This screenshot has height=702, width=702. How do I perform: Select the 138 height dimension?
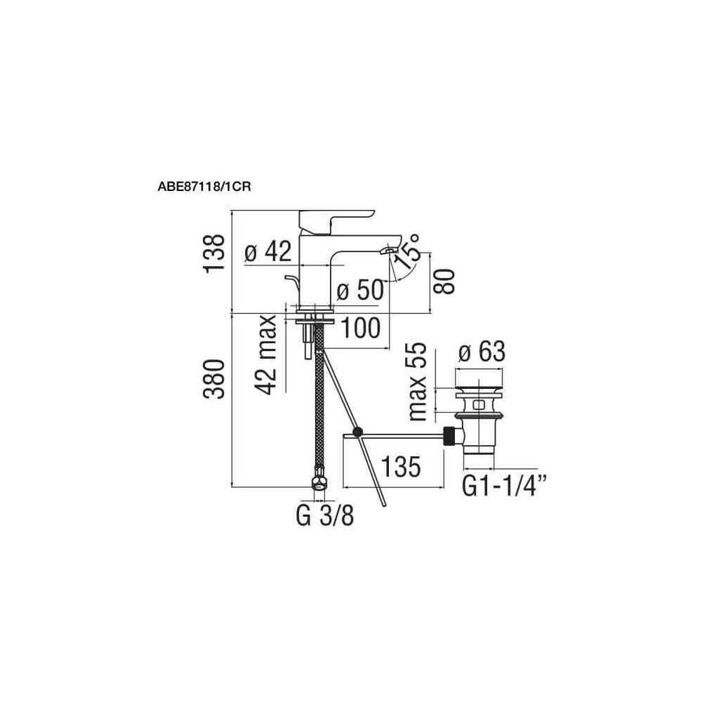pos(216,253)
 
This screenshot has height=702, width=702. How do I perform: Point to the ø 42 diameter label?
pos(268,253)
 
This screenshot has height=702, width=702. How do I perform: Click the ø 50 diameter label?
pos(360,290)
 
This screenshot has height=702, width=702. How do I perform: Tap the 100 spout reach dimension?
pos(361,328)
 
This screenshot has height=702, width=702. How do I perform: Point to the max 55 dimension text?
pos(418,381)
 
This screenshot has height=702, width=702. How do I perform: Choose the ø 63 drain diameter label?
pos(481,352)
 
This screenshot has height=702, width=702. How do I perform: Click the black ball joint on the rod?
pos(359,433)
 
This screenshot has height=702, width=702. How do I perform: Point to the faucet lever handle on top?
pos(337,219)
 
